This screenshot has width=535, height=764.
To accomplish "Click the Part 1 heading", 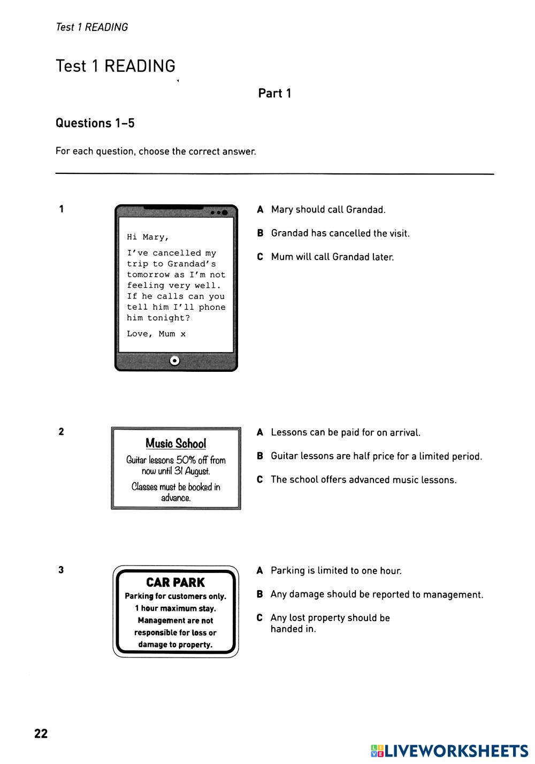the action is coord(274,93).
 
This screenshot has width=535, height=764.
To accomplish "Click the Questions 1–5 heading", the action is coord(95,123).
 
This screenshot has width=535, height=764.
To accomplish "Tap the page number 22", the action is coord(41,734).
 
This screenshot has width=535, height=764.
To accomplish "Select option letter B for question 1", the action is coord(261,233).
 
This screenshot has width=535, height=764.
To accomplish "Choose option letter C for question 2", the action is coord(260,480).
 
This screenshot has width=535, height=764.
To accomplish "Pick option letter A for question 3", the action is coord(260,571).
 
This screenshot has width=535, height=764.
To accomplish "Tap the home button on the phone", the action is coord(174,361).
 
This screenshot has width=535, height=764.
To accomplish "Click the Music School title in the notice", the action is coord(175,444).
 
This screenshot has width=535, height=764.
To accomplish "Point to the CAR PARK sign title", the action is coord(175,583).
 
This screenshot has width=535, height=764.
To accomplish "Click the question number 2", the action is coord(61,432).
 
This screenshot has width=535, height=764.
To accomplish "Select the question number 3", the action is coord(61,570).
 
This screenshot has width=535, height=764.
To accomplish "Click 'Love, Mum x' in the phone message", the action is coord(156,334).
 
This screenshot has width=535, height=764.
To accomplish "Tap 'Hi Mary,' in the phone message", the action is coord(148,237).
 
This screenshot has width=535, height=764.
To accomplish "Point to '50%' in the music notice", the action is coord(186,460).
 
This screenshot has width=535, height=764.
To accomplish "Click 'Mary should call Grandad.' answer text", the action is coord(328,210).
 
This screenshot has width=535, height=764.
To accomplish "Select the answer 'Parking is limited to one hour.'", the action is coord(336,571).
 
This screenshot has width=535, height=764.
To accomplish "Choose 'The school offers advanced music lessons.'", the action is coord(364,480).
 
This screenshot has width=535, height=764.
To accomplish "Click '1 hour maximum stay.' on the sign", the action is coord(175,608).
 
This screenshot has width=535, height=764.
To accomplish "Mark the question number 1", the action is coord(62,209).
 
